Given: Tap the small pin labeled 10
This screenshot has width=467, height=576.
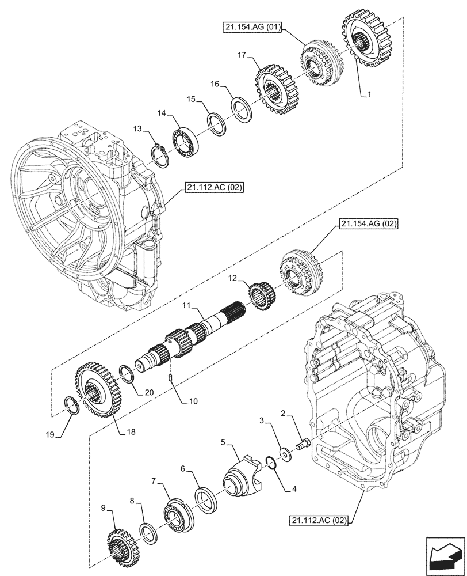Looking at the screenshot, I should [x=172, y=378].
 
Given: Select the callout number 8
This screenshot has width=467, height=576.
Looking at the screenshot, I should [x=134, y=502].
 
